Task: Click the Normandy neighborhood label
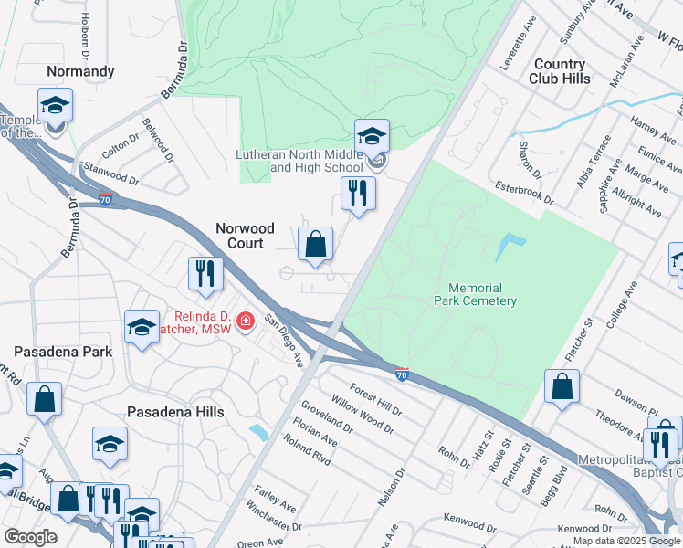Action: (x=81, y=70)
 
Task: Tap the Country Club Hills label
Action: (x=559, y=71)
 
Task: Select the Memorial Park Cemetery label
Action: (x=476, y=294)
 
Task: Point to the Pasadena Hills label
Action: (x=175, y=412)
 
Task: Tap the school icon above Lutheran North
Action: (x=372, y=137)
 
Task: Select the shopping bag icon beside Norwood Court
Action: (x=315, y=245)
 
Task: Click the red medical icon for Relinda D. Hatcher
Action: (x=245, y=321)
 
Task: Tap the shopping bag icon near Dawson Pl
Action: (x=562, y=386)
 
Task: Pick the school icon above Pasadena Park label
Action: (x=142, y=328)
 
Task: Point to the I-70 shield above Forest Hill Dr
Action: (x=402, y=374)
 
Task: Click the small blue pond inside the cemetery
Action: (x=509, y=247)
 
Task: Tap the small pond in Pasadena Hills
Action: (x=258, y=431)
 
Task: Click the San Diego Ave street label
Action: (x=283, y=341)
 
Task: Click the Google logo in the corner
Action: (x=30, y=537)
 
